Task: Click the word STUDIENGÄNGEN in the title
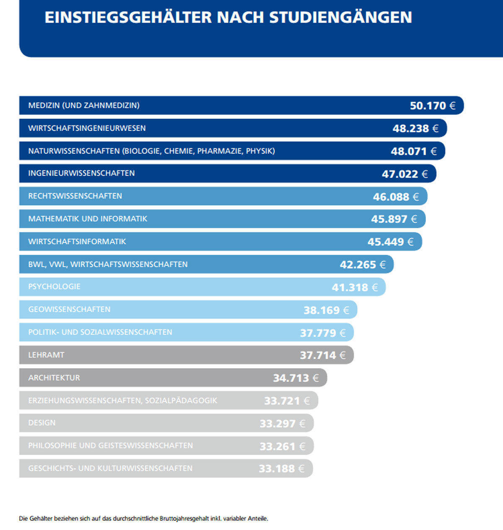pyautogui.click(x=340, y=18)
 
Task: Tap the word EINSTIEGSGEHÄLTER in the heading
pyautogui.click(x=128, y=18)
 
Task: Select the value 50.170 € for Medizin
pyautogui.click(x=432, y=105)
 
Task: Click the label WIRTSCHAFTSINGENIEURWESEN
pyautogui.click(x=87, y=128)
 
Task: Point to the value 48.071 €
pyautogui.click(x=413, y=151)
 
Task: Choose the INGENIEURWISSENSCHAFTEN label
pyautogui.click(x=81, y=173)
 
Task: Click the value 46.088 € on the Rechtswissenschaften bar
pyautogui.click(x=396, y=197)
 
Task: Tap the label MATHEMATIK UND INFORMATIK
pyautogui.click(x=88, y=219)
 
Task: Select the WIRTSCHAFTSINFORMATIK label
pyautogui.click(x=77, y=242)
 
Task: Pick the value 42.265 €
pyautogui.click(x=363, y=265)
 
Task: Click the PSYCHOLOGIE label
pyautogui.click(x=54, y=287)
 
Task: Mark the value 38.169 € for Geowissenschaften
pyautogui.click(x=326, y=310)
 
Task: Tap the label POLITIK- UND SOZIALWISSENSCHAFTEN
pyautogui.click(x=100, y=332)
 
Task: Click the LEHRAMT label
pyautogui.click(x=46, y=355)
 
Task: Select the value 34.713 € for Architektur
pyautogui.click(x=296, y=378)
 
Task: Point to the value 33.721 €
pyautogui.click(x=287, y=401)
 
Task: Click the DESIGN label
pyautogui.click(x=41, y=423)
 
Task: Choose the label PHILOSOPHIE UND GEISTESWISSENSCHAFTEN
pyautogui.click(x=111, y=446)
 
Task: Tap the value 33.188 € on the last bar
pyautogui.click(x=281, y=468)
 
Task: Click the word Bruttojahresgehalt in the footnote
pyautogui.click(x=185, y=519)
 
